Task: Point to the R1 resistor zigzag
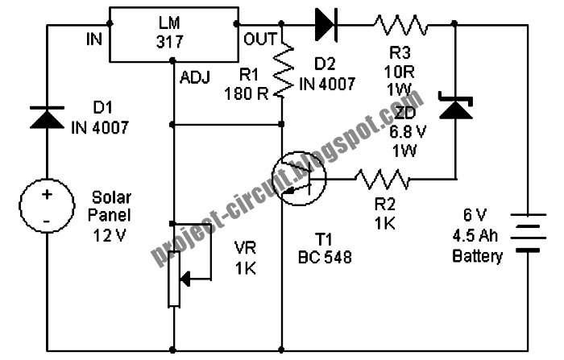point(282,71)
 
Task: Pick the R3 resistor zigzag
point(399,25)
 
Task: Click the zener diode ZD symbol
point(454,106)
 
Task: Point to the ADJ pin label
point(195,77)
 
